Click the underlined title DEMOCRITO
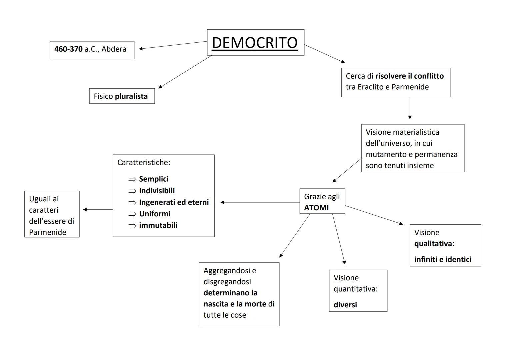pos(255,43)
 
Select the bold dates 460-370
pos(68,49)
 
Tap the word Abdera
pos(114,49)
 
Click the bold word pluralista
pos(131,96)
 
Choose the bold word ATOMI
pos(316,208)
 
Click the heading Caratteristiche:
pos(144,162)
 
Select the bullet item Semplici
pos(154,179)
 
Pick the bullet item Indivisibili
pos(157,191)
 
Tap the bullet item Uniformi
pos(155,214)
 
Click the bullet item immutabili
pos(158,225)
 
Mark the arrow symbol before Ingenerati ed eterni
pos(132,202)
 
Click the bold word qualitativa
pos(433,244)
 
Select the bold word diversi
pos(345,305)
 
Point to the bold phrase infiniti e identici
pos(443,259)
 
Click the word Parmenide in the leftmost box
pos(48,232)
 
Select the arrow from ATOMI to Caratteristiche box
pos(260,202)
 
